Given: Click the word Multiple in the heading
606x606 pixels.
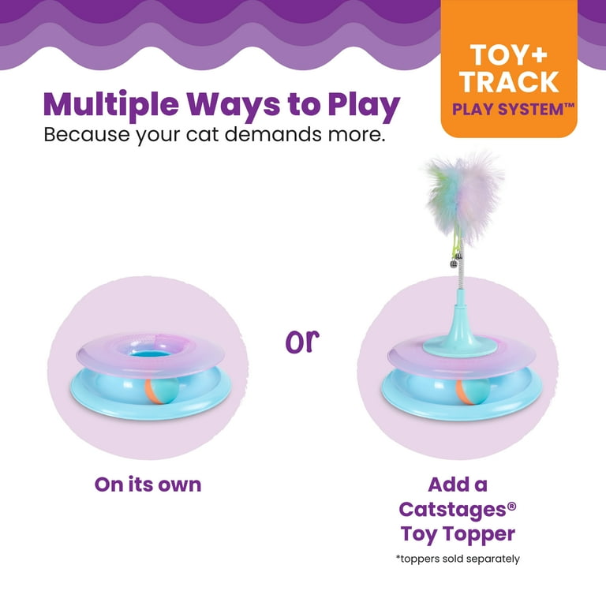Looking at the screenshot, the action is tap(111, 105).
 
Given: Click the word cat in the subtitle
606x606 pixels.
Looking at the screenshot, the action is tap(202, 135).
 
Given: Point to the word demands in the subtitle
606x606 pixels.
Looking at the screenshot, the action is tap(273, 134).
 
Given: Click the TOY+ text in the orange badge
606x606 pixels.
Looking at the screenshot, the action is tap(509, 55).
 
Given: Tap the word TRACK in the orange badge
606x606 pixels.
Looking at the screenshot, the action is tap(510, 82).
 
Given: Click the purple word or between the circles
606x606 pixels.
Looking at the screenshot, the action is tap(302, 342).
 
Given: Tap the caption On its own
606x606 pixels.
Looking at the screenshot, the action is tap(148, 484).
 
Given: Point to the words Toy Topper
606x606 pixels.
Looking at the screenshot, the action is tap(458, 534).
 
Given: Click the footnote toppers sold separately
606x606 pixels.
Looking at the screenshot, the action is tap(458, 559).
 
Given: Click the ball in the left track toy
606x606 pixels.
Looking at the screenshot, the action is tap(162, 391).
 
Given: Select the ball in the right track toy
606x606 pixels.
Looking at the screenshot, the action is tap(473, 391).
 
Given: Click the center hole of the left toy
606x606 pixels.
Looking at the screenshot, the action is tap(150, 353).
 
